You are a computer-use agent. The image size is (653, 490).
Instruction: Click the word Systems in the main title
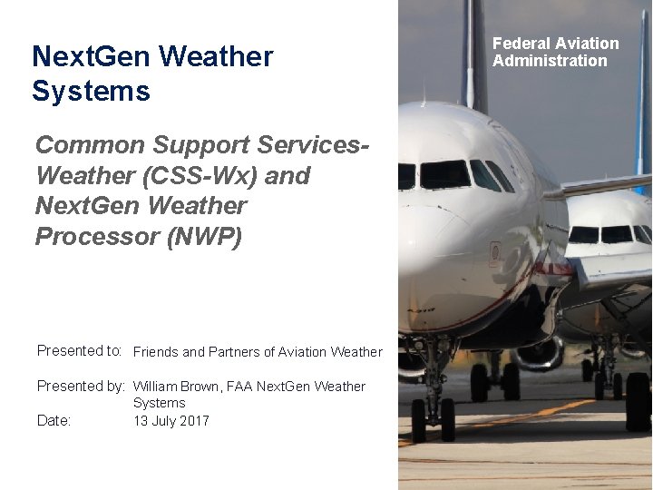91,92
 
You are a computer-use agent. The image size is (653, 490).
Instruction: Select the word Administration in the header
550,61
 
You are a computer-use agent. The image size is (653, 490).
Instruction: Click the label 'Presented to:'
80,351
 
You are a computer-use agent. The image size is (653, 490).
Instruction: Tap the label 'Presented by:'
81,386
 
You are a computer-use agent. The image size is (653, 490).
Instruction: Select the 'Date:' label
54,420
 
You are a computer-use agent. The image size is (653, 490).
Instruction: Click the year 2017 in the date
193,420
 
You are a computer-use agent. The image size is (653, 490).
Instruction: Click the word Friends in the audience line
156,352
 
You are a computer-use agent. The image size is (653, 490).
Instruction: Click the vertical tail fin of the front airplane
474,54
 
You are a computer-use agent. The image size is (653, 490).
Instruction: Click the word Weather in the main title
216,56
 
